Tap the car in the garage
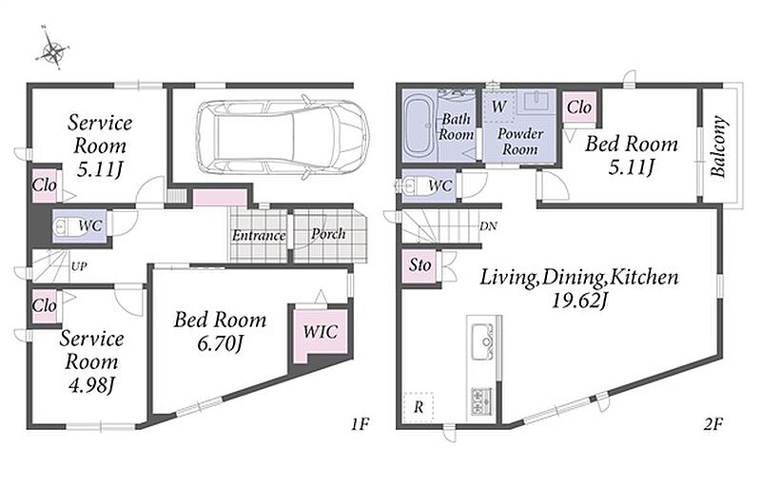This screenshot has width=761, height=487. [282, 137]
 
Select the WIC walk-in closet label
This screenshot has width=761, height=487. [321, 332]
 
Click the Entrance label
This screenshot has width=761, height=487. [259, 236]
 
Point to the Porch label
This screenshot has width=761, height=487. [328, 234]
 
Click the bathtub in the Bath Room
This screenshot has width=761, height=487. [420, 127]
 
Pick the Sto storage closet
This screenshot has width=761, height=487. [419, 265]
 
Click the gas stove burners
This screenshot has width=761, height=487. [481, 401]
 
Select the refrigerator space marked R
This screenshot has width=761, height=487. [419, 407]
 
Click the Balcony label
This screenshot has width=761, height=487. [718, 146]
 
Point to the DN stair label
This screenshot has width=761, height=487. [488, 226]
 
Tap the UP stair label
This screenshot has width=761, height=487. [79, 266]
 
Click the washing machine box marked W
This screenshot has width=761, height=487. [498, 106]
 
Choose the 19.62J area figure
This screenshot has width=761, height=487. [579, 301]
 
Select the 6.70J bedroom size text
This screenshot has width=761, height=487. [220, 343]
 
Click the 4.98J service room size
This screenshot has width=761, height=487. [91, 385]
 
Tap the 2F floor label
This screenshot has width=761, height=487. [713, 424]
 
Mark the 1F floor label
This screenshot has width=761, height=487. [361, 424]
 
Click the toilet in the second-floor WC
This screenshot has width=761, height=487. [413, 185]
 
